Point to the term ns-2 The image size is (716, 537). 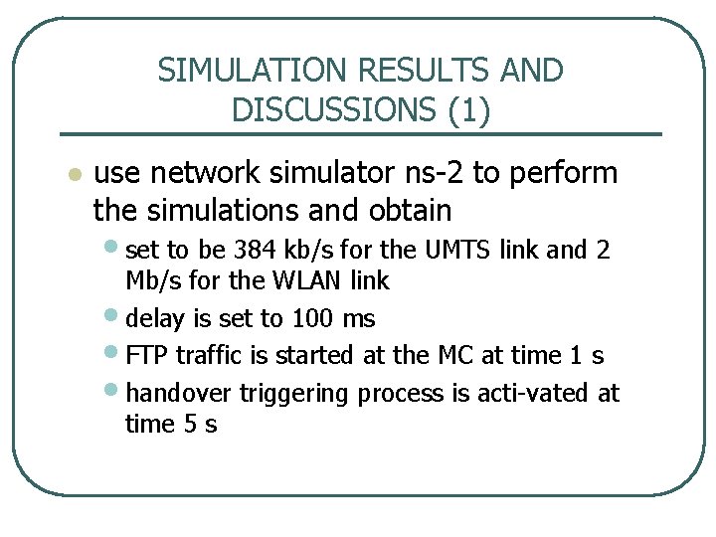point(429,173)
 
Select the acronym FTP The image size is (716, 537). point(147,355)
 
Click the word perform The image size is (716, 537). point(562,173)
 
